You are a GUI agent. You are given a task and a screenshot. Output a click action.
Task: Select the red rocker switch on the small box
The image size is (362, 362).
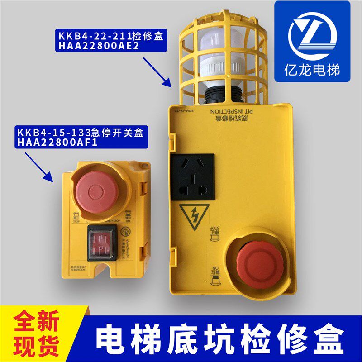click(106, 244)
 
